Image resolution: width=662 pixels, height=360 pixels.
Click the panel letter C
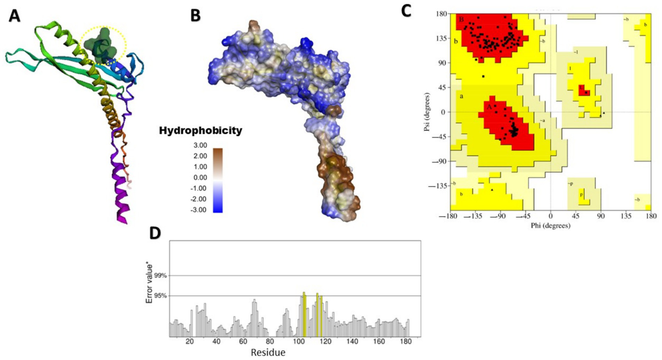(x=406, y=11)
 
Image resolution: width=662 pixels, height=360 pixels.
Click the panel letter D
(x=155, y=233)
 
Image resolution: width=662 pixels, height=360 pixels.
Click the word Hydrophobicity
(x=201, y=131)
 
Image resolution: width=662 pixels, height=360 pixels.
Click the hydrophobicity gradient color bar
(x=218, y=180)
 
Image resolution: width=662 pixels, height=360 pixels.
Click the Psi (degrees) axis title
(x=427, y=112)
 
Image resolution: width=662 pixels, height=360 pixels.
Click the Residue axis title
(x=268, y=353)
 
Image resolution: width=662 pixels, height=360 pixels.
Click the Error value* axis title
(x=150, y=284)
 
